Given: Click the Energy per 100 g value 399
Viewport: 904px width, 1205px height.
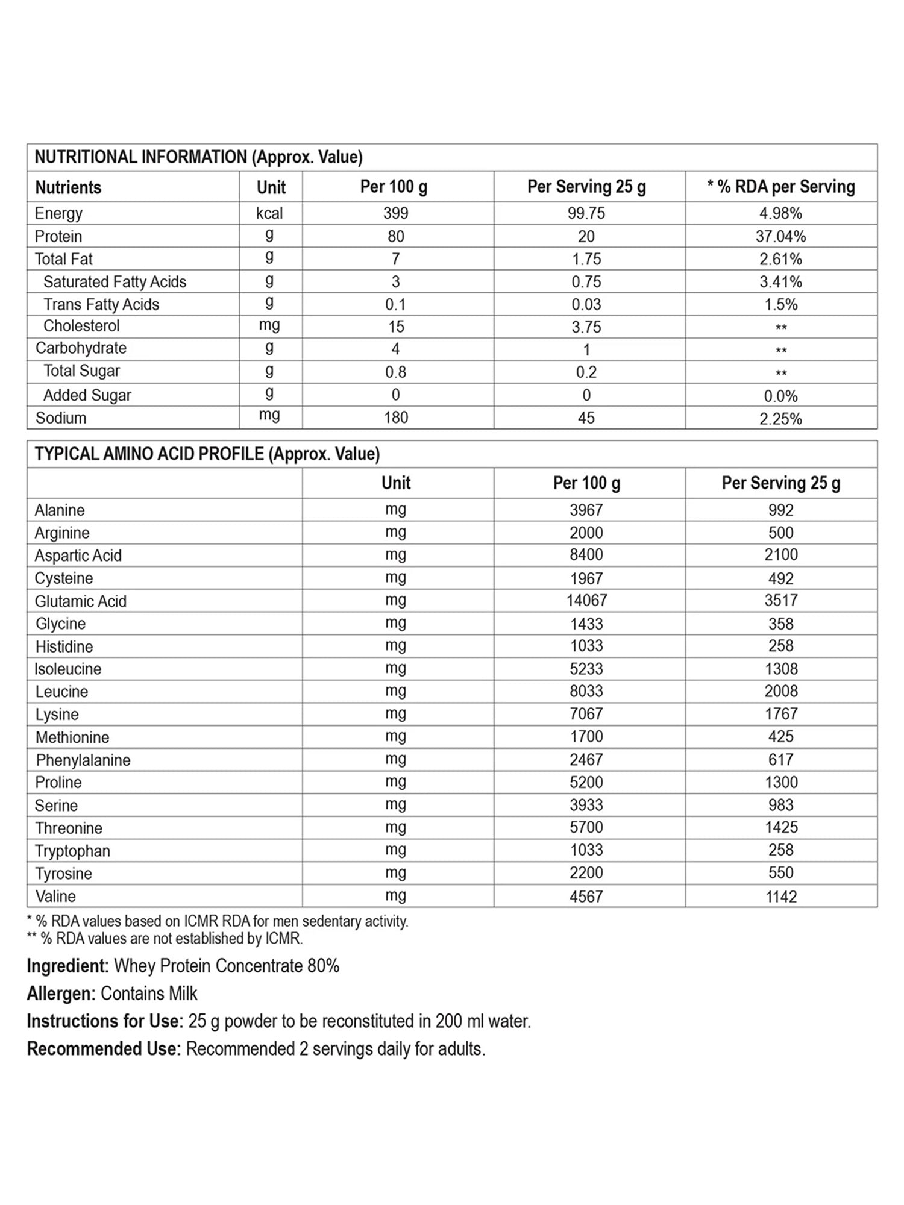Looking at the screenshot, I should (x=395, y=213).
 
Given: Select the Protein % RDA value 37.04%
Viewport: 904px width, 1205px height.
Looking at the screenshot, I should (x=780, y=236).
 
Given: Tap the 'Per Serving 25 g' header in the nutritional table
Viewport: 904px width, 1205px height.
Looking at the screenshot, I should (x=586, y=187).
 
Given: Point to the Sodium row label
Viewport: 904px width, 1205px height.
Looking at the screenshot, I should (x=61, y=418).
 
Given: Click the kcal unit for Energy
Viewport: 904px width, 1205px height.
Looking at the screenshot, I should (x=269, y=213).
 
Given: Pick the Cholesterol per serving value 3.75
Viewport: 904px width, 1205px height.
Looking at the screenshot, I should (x=586, y=327).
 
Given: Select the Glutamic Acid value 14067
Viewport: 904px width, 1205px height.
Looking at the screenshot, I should (x=586, y=601).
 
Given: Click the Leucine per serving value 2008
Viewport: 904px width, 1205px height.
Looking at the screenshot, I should (x=781, y=691).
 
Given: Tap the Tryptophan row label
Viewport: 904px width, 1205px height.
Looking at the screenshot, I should (x=72, y=851).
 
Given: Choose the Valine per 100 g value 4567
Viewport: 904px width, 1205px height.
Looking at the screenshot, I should (x=586, y=897).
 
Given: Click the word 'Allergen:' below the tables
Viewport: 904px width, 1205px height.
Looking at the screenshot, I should (x=61, y=994).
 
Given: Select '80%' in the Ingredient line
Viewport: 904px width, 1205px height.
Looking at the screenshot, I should (x=323, y=966).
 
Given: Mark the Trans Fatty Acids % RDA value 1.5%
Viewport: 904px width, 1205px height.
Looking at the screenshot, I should (x=780, y=305).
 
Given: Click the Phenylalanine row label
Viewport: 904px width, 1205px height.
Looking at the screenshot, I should (x=83, y=760).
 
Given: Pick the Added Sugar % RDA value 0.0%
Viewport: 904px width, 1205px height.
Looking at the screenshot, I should (x=780, y=396).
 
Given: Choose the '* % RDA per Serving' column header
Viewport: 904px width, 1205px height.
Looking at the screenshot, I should (x=780, y=187).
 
